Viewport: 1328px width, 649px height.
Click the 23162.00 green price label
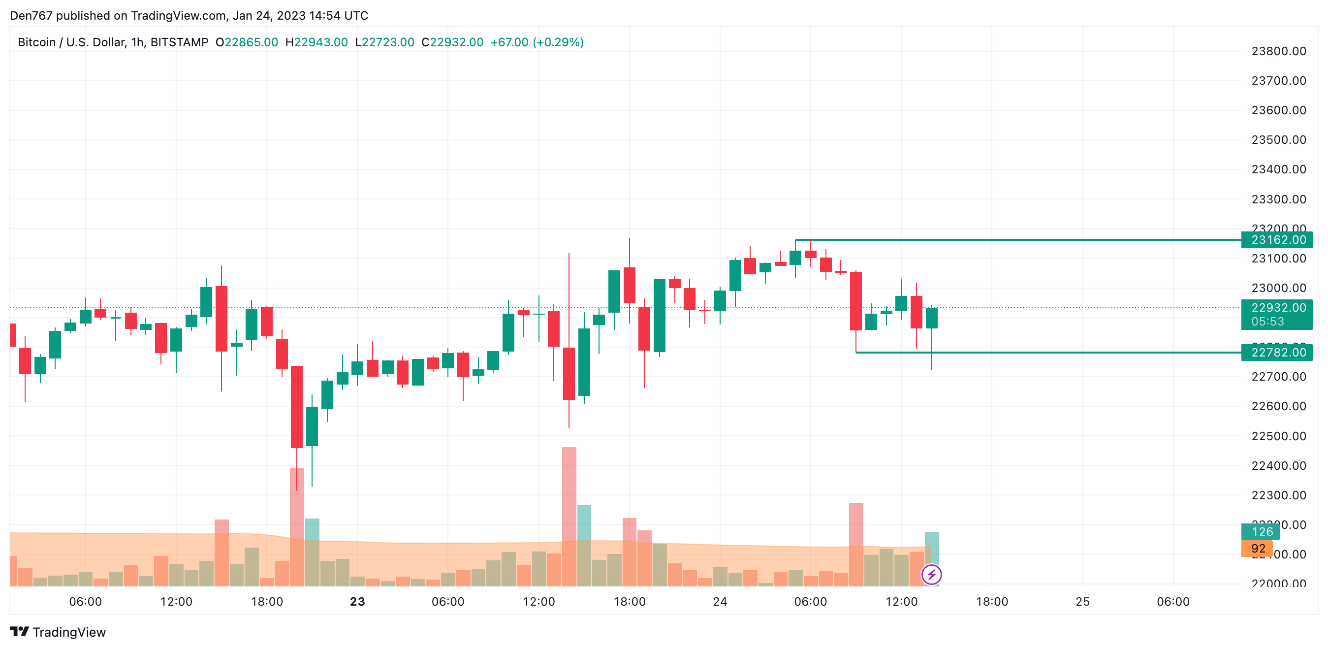[1277, 240]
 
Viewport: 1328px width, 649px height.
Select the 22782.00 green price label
[1277, 353]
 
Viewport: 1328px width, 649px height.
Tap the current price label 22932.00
[1277, 308]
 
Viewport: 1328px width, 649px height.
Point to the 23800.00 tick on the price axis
[1278, 51]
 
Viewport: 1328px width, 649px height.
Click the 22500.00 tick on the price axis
[1278, 436]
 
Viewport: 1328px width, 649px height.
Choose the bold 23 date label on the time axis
[357, 602]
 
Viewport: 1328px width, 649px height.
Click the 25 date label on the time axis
[1082, 602]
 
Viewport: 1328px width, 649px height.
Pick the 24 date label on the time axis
[720, 602]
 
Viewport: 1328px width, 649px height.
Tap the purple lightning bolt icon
[932, 574]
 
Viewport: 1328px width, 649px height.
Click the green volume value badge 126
[1262, 531]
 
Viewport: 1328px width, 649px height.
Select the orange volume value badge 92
[1258, 549]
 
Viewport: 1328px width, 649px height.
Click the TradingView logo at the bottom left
[58, 632]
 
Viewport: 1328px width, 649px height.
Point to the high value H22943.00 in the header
[316, 42]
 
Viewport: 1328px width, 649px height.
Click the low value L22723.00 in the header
[384, 42]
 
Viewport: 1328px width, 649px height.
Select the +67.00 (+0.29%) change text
[537, 42]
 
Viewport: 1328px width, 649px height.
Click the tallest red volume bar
[569, 516]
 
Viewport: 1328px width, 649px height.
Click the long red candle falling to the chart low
[297, 407]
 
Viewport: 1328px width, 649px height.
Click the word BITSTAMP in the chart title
[179, 42]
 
